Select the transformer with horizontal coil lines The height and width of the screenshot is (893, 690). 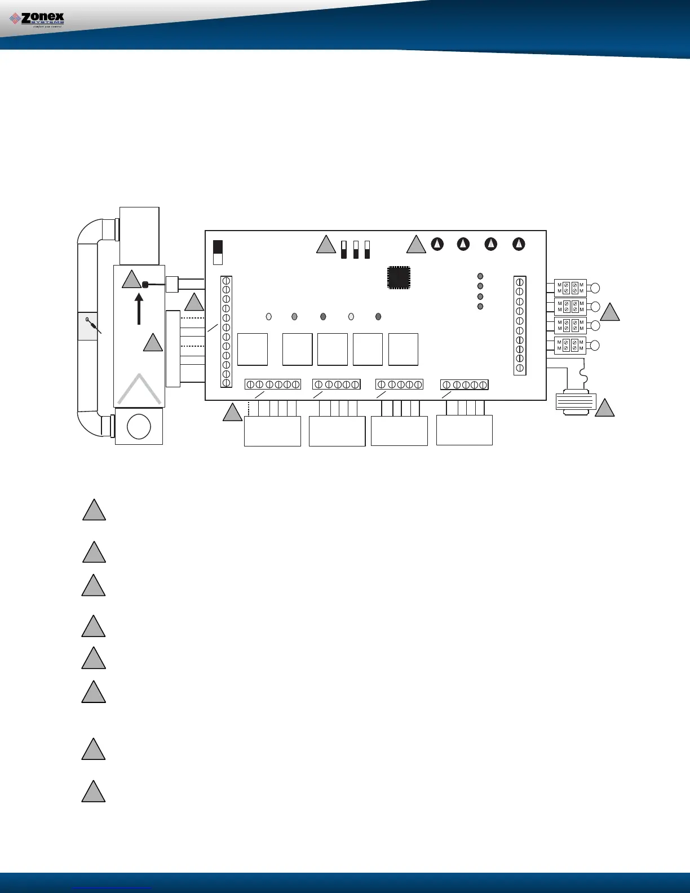coord(576,401)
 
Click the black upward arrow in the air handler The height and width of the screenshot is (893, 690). coord(139,307)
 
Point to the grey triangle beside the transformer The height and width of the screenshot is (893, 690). coord(605,408)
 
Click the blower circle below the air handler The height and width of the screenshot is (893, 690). coord(139,427)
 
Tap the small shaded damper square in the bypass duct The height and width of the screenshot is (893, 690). coord(87,325)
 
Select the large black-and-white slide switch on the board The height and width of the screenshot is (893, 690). coord(218,253)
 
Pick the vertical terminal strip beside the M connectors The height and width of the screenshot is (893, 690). coord(520,325)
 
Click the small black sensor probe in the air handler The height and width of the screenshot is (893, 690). coord(145,285)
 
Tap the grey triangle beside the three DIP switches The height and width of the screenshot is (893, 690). coord(326,245)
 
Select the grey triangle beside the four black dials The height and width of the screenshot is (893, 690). coord(416,245)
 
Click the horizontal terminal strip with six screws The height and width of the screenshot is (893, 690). coord(273,384)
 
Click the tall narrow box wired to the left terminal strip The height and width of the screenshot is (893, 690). coord(172,348)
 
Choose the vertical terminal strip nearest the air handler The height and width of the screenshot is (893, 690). coord(226,331)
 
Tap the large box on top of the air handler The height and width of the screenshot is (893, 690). coord(139,236)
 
